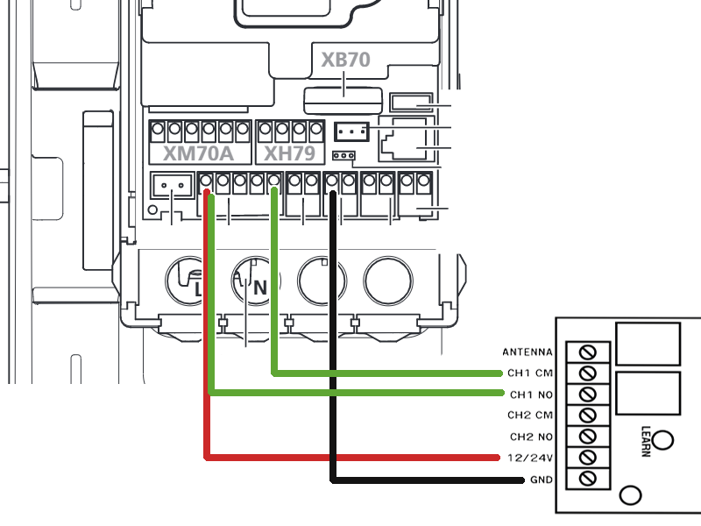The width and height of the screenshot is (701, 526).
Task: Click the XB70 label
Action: pos(345,60)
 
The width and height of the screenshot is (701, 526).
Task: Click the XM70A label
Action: pos(198,153)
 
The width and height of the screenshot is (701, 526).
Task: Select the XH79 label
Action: pos(290,153)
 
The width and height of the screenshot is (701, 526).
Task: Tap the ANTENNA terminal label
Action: pos(528,352)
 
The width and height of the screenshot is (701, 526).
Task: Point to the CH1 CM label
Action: pos(530,373)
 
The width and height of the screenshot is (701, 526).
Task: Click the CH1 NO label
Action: pos(532,394)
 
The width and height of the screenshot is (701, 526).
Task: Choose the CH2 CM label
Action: pos(530,415)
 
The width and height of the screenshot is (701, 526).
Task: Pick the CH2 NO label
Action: pos(532,437)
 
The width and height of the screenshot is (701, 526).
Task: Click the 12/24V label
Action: pos(530,458)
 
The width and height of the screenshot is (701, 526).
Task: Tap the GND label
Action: pos(542,480)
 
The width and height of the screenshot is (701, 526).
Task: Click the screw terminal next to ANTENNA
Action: pos(587,352)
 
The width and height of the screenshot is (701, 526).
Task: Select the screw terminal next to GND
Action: pos(587,479)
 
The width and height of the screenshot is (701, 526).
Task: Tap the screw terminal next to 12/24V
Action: pos(587,458)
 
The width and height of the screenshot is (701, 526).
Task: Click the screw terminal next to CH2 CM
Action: pos(587,416)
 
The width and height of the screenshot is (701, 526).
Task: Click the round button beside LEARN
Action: pos(662,440)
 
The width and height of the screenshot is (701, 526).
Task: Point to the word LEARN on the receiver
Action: pos(646,441)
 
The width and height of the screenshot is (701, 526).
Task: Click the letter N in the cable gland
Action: pos(260,288)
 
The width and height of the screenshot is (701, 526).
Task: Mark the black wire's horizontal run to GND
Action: pos(428,480)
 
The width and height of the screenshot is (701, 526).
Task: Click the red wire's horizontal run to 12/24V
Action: pos(352,457)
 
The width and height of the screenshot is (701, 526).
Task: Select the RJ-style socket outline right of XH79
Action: pos(402,139)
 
